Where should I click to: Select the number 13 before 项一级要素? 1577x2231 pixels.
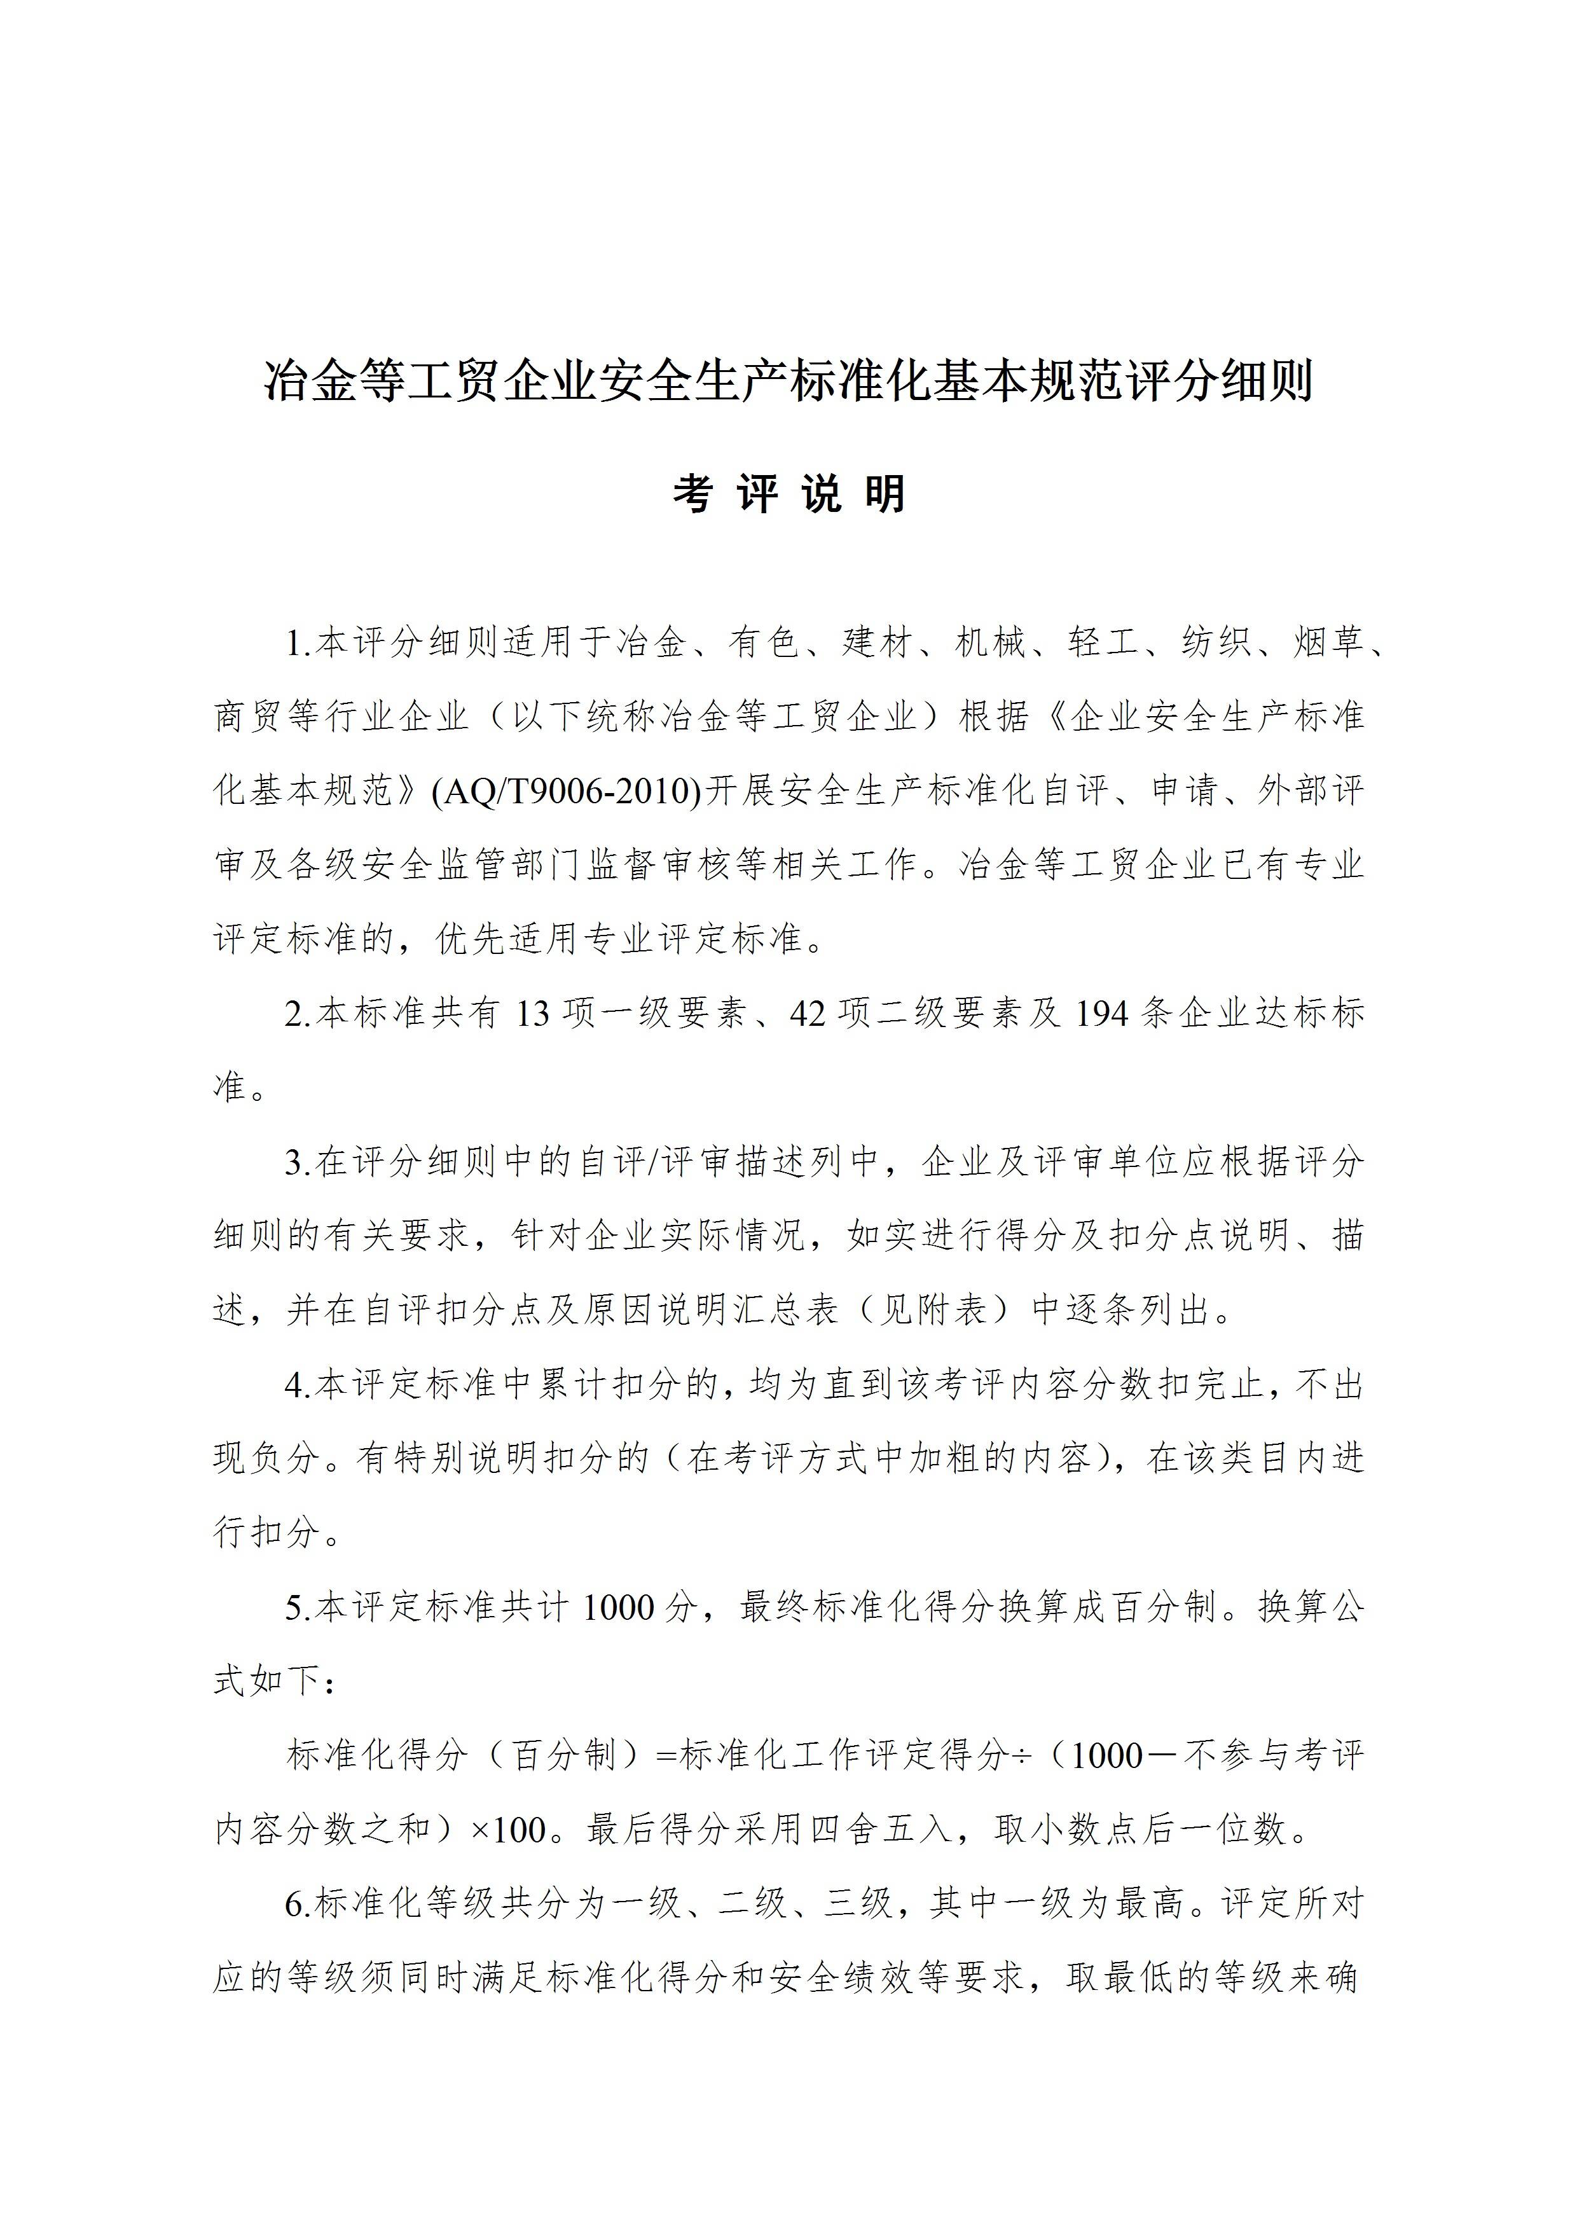click(x=532, y=1014)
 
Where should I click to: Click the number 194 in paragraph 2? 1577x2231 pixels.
click(x=1102, y=1014)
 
